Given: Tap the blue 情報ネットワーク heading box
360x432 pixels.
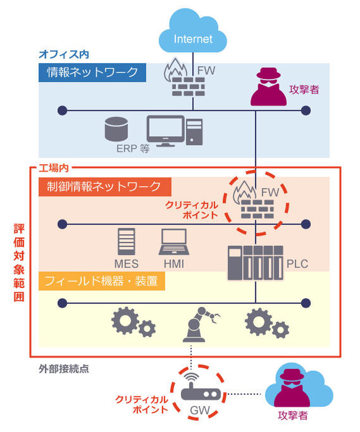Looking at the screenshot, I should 92,72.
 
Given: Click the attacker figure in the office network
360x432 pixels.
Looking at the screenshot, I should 268,87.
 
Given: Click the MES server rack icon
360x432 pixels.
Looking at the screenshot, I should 126,242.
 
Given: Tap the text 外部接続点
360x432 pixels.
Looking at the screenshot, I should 63,370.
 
